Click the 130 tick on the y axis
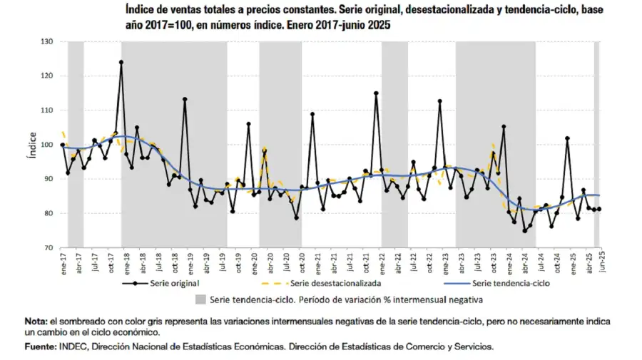coord(47,42)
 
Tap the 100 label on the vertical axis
coord(47,145)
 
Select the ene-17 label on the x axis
coord(63,264)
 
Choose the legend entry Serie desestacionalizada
coord(331,283)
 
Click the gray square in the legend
coord(200,299)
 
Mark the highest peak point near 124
coord(121,62)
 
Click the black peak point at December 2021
coord(376,93)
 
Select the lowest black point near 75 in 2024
coord(525,230)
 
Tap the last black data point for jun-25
coord(599,209)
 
